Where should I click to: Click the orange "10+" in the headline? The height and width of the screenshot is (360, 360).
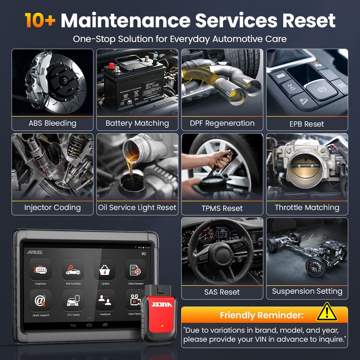40,21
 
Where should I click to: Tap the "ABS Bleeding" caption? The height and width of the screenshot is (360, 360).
53,123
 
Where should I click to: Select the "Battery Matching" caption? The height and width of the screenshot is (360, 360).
137,123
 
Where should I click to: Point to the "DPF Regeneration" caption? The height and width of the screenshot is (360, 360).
222,123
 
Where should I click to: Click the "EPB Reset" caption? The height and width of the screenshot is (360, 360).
307,124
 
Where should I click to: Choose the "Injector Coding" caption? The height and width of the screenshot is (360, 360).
53,207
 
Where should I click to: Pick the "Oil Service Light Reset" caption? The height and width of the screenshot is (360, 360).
137,207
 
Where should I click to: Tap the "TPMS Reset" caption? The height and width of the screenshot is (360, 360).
222,208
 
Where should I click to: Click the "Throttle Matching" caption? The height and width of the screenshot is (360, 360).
307,207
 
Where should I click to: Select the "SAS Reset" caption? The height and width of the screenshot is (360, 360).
222,292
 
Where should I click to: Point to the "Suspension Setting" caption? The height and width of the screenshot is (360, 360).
307,291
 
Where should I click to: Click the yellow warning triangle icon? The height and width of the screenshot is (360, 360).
327,312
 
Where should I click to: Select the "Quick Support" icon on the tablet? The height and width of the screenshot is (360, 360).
40,301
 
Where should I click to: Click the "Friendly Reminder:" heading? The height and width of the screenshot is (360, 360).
261,316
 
